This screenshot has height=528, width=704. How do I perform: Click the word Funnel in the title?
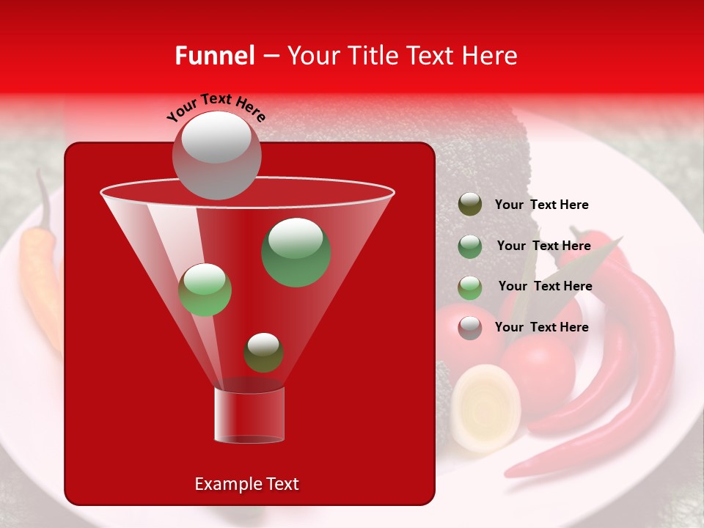pos(214,56)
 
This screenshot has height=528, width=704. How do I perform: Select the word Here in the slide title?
pos(489,56)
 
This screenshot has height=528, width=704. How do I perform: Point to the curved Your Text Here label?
pos(216,107)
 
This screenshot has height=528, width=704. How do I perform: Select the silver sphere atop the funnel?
pos(216,155)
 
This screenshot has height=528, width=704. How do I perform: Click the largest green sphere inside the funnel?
pos(296,252)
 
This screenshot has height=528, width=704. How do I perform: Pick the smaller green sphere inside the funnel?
pos(205,290)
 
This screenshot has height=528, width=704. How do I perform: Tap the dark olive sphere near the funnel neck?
pos(263,352)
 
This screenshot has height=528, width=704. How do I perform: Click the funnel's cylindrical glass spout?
pos(249,414)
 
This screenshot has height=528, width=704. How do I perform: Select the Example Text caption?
pos(246,484)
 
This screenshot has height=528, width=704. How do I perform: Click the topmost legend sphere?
pos(470,205)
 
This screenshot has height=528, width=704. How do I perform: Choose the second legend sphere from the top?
pos(470,246)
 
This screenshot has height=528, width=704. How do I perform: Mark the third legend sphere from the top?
pos(470,287)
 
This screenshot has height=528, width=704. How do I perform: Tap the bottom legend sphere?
pos(470,328)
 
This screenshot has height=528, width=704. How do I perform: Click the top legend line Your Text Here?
pos(541,205)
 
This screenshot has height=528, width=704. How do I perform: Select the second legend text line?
pos(543,246)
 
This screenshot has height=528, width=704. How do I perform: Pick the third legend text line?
pos(545,286)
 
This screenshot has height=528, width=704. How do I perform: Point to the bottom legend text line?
pos(541,327)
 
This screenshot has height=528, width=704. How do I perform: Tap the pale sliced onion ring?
pos(485,407)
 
